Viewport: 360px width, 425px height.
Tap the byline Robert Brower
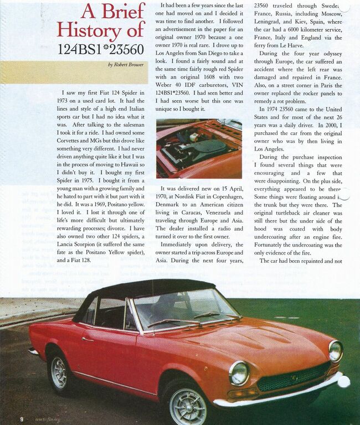[x=128, y=65]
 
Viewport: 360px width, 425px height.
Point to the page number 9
[x=22, y=419]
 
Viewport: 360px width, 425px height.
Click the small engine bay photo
[x=199, y=149]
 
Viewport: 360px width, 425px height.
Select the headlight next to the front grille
[x=239, y=372]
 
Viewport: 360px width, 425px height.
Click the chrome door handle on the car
[x=88, y=339]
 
